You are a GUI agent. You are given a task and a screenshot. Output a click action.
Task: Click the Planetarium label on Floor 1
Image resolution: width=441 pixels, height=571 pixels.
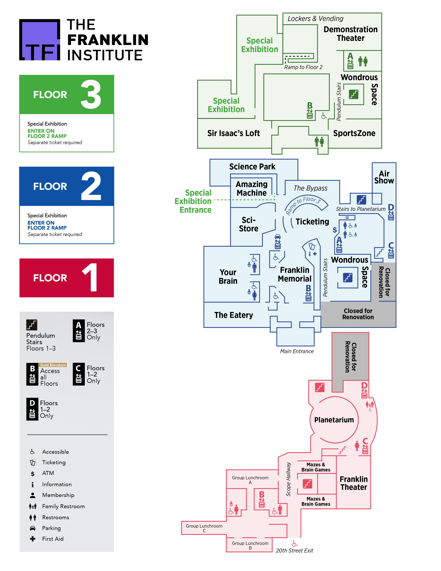point(334,420)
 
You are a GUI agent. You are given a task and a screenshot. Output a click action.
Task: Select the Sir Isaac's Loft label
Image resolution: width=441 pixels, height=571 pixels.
point(233,133)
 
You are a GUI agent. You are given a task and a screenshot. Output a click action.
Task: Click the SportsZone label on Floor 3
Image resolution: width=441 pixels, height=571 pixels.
point(354,133)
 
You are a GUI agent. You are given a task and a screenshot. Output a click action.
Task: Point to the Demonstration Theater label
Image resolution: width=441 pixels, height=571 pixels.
point(350,34)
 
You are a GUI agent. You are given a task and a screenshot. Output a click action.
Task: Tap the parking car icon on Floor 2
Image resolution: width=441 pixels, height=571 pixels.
point(277,236)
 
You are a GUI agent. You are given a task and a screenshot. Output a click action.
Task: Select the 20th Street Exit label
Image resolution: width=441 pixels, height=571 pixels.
point(294,551)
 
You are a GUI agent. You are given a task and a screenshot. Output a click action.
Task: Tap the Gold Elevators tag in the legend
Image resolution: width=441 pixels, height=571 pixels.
point(53,365)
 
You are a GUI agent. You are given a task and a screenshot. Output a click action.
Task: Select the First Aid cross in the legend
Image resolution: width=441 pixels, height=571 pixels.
point(33,539)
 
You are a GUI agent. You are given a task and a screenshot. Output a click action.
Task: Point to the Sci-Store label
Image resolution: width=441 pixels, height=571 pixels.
point(249,224)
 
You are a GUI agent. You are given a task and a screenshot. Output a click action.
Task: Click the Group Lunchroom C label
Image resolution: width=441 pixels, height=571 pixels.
point(204,528)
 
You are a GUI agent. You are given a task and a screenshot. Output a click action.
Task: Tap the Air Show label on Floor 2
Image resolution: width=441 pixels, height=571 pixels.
point(384,177)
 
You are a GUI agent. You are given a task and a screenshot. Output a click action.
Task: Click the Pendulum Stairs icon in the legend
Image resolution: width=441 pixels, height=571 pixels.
point(32,325)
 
